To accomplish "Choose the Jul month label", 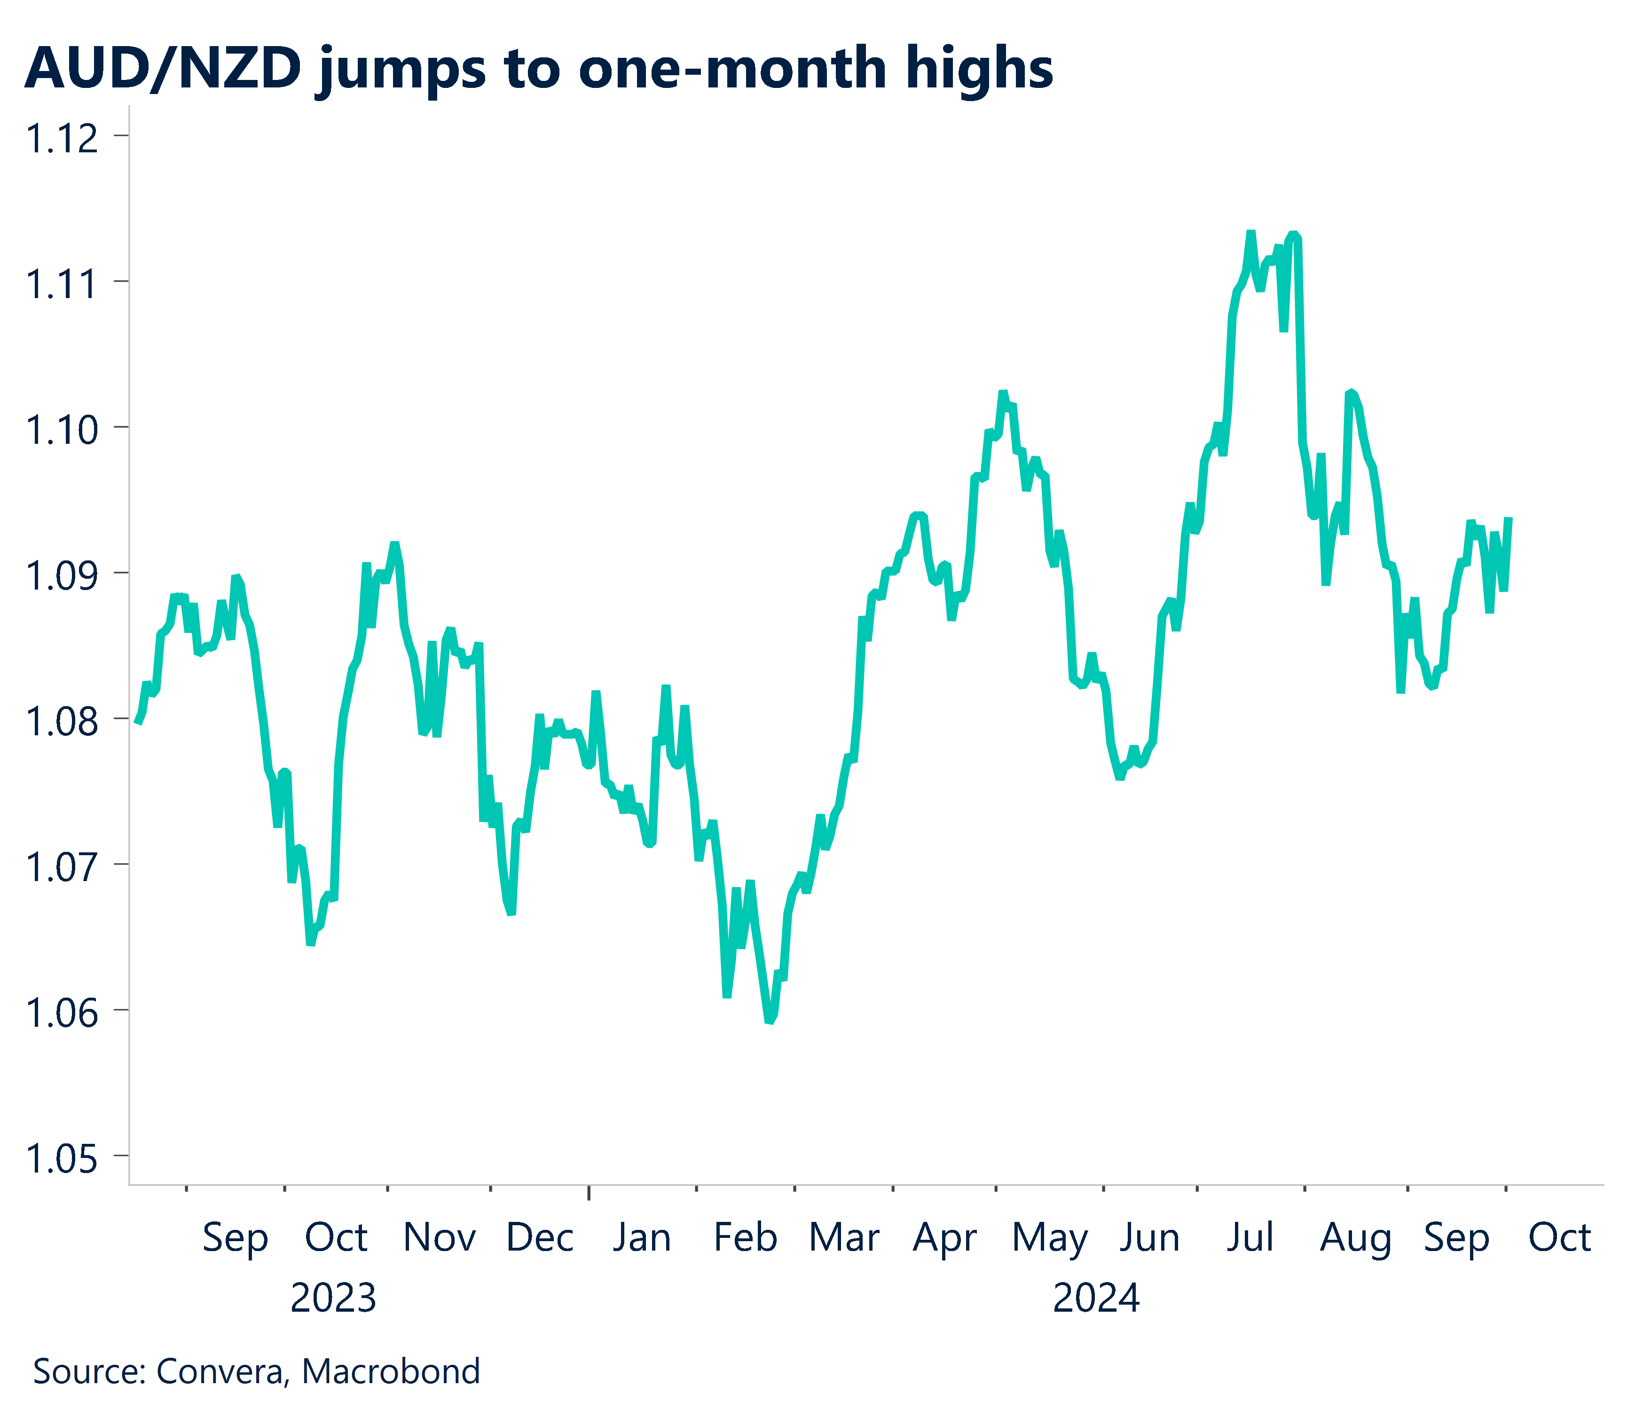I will pos(1250,1238).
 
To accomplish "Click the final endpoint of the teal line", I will pos(1509,520).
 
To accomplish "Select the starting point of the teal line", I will pos(137,722).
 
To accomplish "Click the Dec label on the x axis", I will pos(540,1238).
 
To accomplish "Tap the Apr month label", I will pos(944,1238).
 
